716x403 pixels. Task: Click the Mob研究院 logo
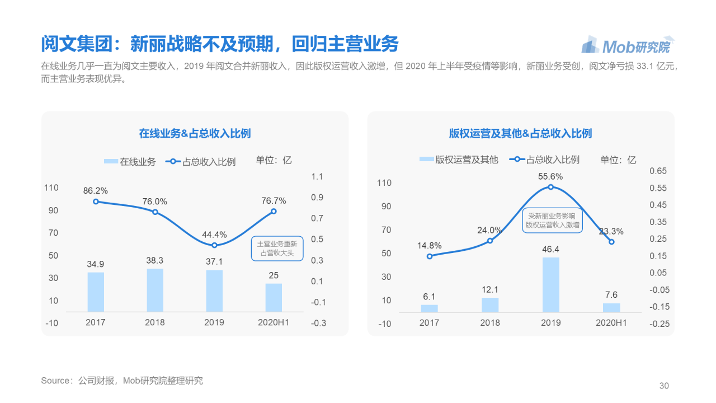point(628,45)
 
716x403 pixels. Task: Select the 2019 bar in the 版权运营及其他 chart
point(550,284)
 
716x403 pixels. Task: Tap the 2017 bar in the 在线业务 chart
point(96,292)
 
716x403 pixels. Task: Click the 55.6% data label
point(550,176)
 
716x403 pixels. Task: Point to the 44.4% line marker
point(214,245)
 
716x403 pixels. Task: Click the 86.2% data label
point(95,190)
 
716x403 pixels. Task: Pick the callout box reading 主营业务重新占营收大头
point(277,249)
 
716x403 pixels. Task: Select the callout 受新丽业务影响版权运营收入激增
point(552,220)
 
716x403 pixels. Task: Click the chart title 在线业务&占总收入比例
point(195,133)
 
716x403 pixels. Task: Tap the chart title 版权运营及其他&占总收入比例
point(520,133)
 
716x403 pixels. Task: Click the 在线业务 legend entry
point(130,162)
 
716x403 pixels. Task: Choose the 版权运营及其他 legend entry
point(459,160)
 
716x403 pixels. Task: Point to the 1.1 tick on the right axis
point(317,177)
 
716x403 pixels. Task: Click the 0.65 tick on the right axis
point(658,171)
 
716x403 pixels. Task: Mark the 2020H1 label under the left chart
point(273,322)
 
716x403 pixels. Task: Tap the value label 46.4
point(550,249)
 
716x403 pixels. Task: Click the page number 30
point(664,386)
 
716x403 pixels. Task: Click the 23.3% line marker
point(611,242)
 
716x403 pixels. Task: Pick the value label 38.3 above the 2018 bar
point(155,260)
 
